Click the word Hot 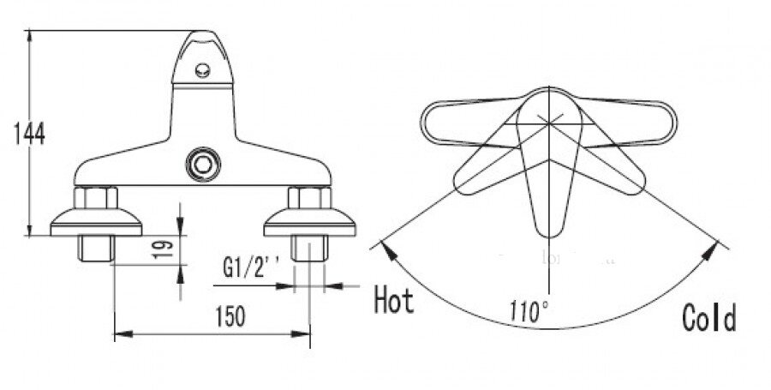[x=394, y=300]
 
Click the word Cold [x=708, y=319]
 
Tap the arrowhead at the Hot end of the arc [x=387, y=249]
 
